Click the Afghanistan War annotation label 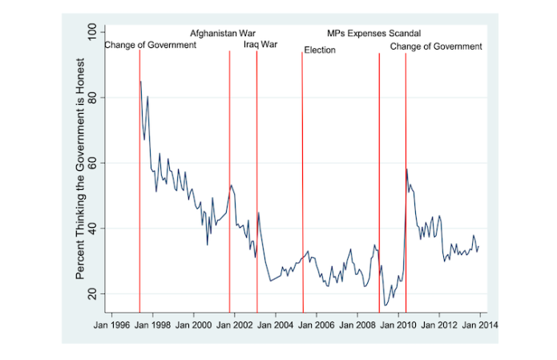click(223, 34)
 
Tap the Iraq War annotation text click(260, 45)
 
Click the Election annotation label click(320, 51)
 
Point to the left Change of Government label click(151, 45)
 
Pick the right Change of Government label click(436, 47)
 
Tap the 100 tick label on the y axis click(92, 33)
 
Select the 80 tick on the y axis click(92, 98)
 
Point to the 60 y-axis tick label click(92, 163)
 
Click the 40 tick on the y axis click(92, 229)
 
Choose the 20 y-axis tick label click(92, 293)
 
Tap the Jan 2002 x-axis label click(235, 326)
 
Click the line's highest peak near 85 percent click(141, 81)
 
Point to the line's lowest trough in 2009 click(385, 305)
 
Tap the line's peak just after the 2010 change click(407, 169)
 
